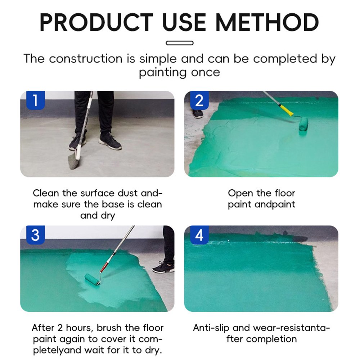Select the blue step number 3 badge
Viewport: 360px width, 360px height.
(35, 235)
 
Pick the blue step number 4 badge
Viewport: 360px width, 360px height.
(199, 235)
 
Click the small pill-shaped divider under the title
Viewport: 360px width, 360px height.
(180, 43)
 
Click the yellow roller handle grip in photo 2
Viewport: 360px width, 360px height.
(285, 109)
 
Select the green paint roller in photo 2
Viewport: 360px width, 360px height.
(303, 124)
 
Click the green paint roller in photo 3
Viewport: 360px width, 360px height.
(93, 279)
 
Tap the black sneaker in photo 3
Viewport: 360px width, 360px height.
(163, 267)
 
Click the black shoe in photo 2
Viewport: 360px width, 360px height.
(198, 114)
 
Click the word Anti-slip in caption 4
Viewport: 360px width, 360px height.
(211, 328)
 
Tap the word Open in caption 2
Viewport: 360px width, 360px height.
(240, 193)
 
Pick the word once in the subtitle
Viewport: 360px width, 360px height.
(203, 72)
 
